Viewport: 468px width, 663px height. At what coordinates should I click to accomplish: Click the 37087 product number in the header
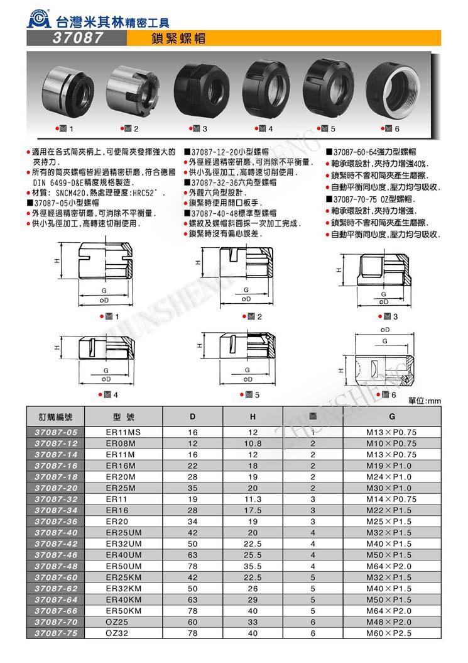click(x=76, y=38)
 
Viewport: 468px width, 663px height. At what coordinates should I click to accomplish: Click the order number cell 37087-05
click(x=57, y=433)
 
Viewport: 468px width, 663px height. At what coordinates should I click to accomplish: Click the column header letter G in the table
click(x=391, y=417)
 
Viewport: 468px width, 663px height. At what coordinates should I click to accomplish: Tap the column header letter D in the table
click(x=192, y=417)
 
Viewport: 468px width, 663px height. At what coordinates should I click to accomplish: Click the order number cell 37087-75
click(x=57, y=633)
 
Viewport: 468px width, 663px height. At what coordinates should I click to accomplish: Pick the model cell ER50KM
click(x=124, y=610)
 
